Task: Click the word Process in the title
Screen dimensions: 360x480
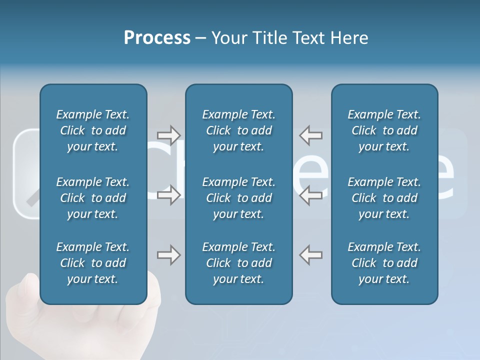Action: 157,38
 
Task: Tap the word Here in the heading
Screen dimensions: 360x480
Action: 348,38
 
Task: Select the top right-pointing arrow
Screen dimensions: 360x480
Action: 168,135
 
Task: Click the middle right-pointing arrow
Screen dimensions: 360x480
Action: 168,195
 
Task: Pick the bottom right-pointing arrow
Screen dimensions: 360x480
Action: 168,255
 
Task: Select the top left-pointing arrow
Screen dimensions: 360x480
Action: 311,135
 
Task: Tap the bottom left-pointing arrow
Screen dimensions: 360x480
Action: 311,255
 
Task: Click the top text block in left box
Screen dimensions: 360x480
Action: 93,130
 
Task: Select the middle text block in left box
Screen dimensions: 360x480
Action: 93,198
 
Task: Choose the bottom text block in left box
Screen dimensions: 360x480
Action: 93,263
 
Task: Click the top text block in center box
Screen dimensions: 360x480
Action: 239,130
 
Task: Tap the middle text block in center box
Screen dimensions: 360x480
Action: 239,198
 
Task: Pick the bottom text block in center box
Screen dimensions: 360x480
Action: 239,263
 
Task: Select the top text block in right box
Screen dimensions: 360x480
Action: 384,130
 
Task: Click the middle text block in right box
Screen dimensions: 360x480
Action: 384,198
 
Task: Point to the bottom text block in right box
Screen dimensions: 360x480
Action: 384,263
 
